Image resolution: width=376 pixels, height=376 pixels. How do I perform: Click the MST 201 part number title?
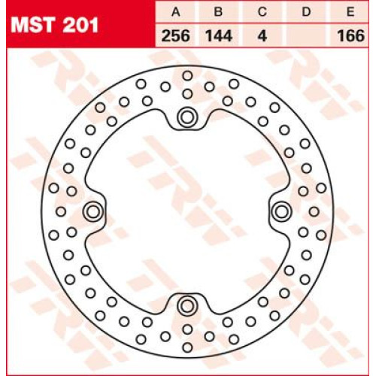click(x=54, y=26)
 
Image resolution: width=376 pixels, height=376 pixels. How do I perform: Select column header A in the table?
click(x=176, y=12)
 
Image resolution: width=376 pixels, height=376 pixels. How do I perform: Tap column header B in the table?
click(x=219, y=12)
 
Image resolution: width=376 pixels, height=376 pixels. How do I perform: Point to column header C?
click(x=262, y=12)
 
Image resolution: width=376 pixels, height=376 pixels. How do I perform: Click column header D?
click(x=306, y=12)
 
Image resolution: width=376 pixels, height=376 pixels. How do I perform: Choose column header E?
click(x=350, y=12)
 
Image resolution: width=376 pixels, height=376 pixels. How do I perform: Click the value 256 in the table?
click(x=176, y=36)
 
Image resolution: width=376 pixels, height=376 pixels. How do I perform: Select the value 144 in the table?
click(x=219, y=36)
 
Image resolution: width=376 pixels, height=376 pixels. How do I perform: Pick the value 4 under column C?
click(x=262, y=36)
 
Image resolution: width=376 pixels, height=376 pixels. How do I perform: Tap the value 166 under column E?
click(x=350, y=36)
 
